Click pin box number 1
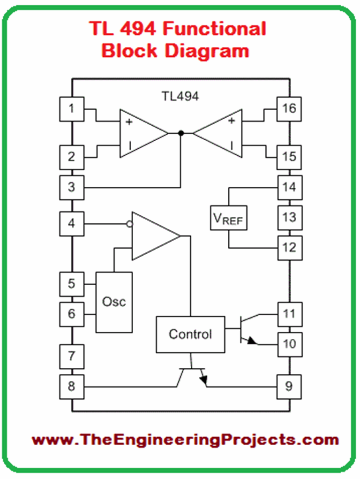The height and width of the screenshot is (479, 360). coord(72,109)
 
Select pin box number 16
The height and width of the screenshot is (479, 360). coord(289,109)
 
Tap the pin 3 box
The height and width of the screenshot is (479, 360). coord(72,187)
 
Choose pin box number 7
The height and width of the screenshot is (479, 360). coord(72,356)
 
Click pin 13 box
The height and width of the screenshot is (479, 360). coord(289,217)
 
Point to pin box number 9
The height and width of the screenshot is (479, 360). coord(289,387)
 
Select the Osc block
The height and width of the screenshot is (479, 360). coord(114,302)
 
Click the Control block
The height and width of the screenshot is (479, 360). coord(190,335)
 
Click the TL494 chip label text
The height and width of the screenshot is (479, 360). coord(180,96)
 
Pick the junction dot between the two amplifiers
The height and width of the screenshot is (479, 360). coord(181,133)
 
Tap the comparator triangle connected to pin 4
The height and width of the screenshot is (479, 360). coord(154,236)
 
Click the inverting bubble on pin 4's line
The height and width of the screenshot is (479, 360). coord(130,224)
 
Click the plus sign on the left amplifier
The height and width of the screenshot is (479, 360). coord(128,122)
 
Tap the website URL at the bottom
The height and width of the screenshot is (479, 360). coord(185,440)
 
